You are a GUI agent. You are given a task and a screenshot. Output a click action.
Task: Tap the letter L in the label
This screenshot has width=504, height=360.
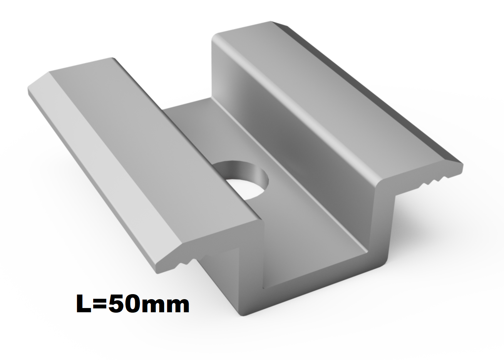click(x=84, y=304)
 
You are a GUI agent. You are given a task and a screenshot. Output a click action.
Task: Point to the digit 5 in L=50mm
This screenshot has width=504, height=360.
click(x=116, y=304)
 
